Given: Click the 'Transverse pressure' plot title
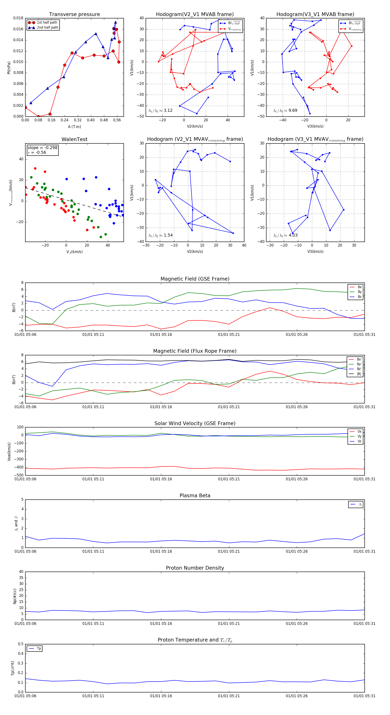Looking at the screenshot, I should click(74, 15).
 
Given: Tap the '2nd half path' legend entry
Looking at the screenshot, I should click(47, 28).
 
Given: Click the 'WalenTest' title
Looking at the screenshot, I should click(74, 139).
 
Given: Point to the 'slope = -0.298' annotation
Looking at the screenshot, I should click(42, 148).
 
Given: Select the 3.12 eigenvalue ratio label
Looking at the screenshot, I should click(161, 110).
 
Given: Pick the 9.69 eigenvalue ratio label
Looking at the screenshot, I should click(285, 110).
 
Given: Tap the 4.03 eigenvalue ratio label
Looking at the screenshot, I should click(286, 235).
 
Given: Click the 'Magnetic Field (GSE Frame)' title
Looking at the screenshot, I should click(195, 279).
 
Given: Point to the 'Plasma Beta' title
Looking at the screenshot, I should click(195, 496).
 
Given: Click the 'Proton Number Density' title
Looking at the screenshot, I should click(195, 568).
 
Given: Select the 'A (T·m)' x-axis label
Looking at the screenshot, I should click(74, 127).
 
